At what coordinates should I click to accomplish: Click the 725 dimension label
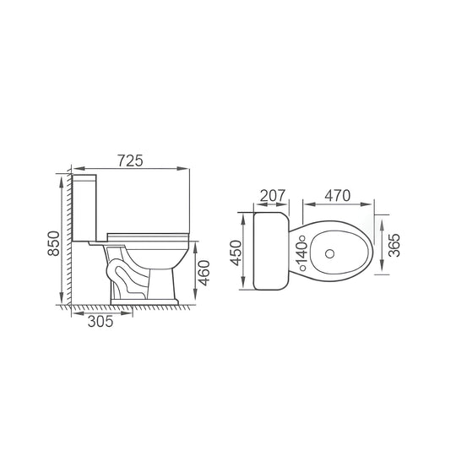pos(130,160)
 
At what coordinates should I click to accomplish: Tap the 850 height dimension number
pos(54,243)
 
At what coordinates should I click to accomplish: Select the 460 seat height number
pos(204,273)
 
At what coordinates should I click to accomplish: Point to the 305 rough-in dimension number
pos(100,322)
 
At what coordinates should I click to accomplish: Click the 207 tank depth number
pos(273,196)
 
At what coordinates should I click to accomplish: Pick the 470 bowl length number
pos(337,196)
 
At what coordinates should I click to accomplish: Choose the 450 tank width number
pos(236,253)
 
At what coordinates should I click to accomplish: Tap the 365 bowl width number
pos(394,245)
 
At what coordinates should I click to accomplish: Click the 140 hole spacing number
pos(301,253)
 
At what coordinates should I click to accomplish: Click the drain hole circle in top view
pos(329,254)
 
